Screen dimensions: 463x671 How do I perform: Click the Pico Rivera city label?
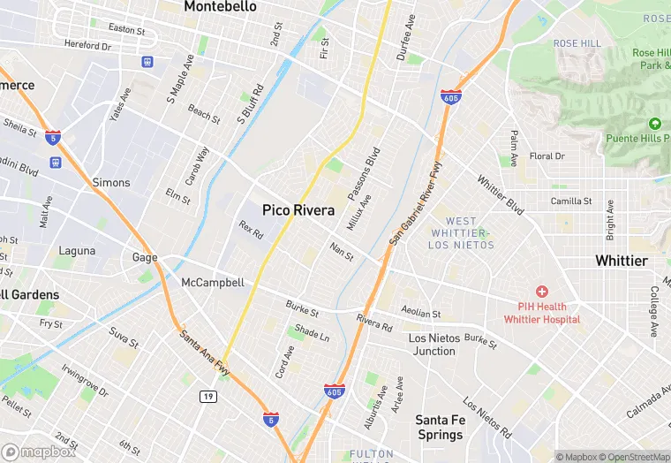pos(298,210)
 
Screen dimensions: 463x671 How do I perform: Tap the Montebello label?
pos(220,7)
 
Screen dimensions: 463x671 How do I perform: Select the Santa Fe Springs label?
pos(440,427)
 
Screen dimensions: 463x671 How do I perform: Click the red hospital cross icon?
pos(542,292)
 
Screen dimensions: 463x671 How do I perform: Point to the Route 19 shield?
pos(207,397)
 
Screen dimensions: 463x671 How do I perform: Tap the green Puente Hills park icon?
pos(655,123)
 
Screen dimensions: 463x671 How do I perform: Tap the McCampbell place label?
pos(212,283)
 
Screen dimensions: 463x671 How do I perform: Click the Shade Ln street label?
pos(312,332)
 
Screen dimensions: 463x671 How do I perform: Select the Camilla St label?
pos(571,201)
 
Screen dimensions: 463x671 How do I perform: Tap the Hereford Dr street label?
pos(87,45)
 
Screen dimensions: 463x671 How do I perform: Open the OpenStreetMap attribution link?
pos(633,457)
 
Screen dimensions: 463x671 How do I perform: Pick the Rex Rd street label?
pos(251,231)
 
